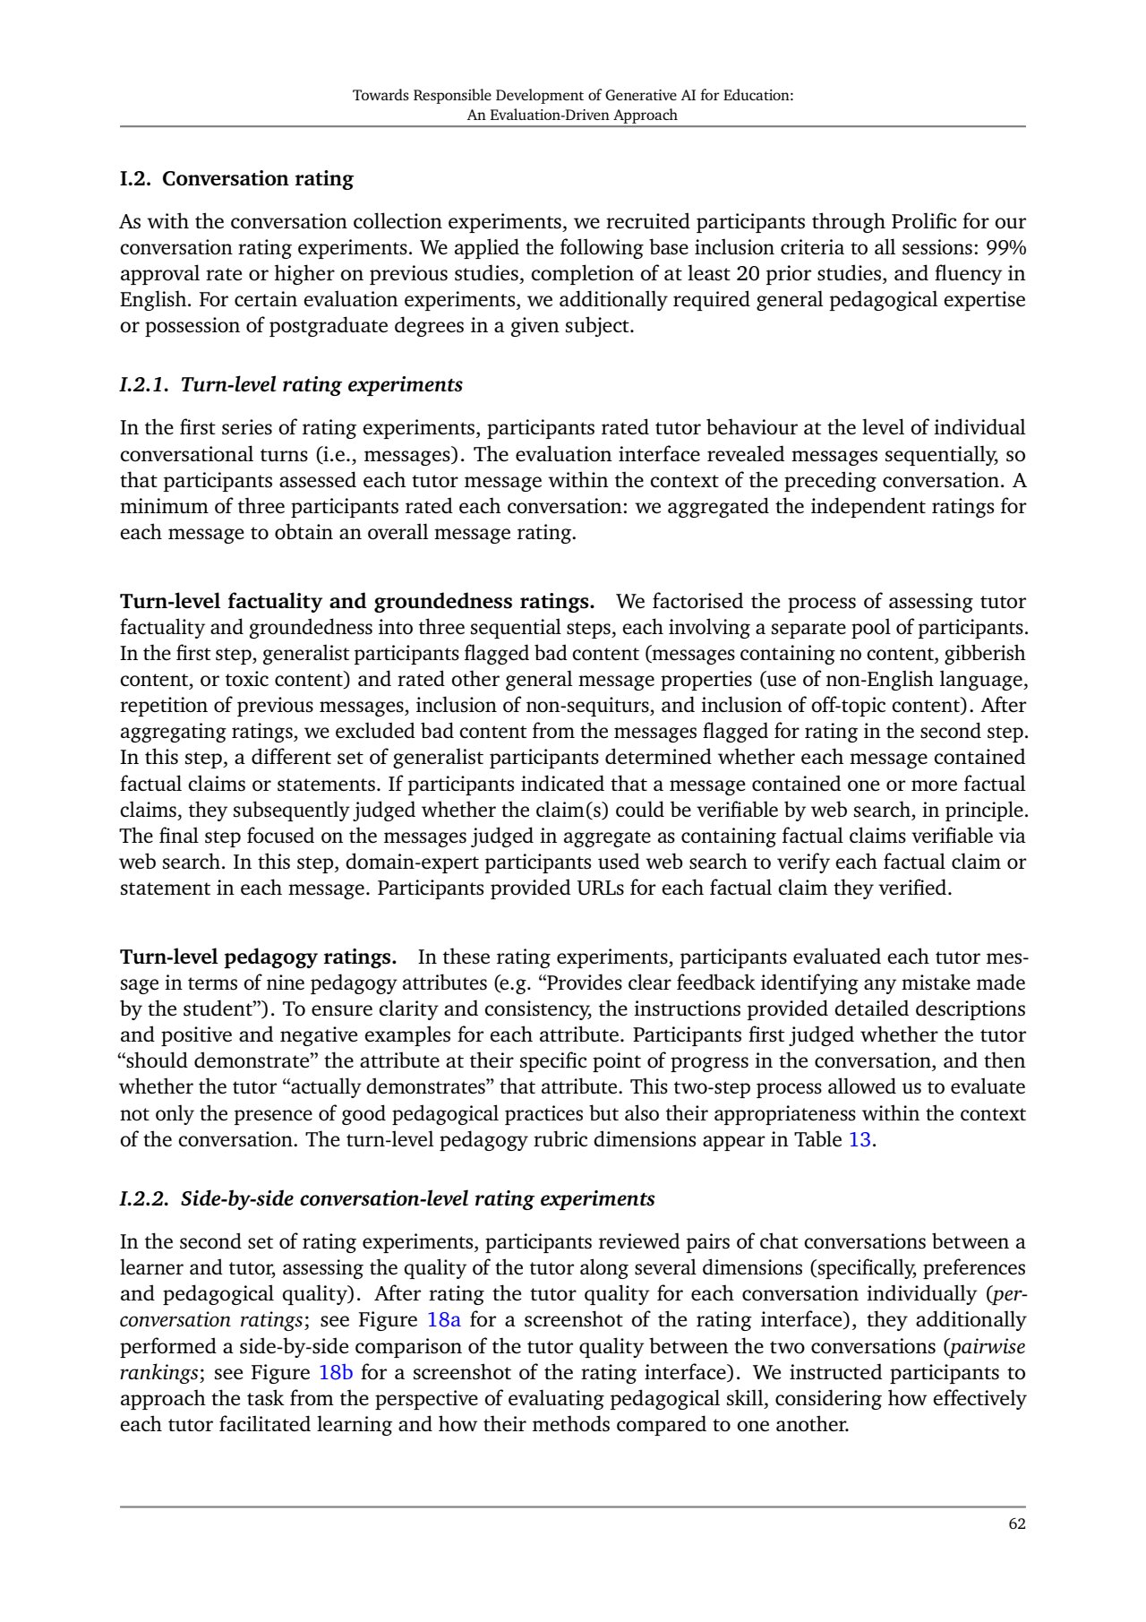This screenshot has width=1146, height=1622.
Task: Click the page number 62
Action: (1016, 1523)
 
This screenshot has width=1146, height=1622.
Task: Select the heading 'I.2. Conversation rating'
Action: (236, 178)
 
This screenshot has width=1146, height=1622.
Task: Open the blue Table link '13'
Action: (859, 1140)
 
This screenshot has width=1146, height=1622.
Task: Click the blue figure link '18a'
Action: (444, 1320)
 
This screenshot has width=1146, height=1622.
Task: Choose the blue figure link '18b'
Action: (337, 1372)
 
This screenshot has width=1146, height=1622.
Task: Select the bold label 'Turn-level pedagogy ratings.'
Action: (258, 957)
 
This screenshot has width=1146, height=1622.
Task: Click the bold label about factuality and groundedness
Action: (356, 601)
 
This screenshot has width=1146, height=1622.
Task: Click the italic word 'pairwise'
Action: (988, 1346)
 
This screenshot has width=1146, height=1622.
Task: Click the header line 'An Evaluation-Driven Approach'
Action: (572, 115)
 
